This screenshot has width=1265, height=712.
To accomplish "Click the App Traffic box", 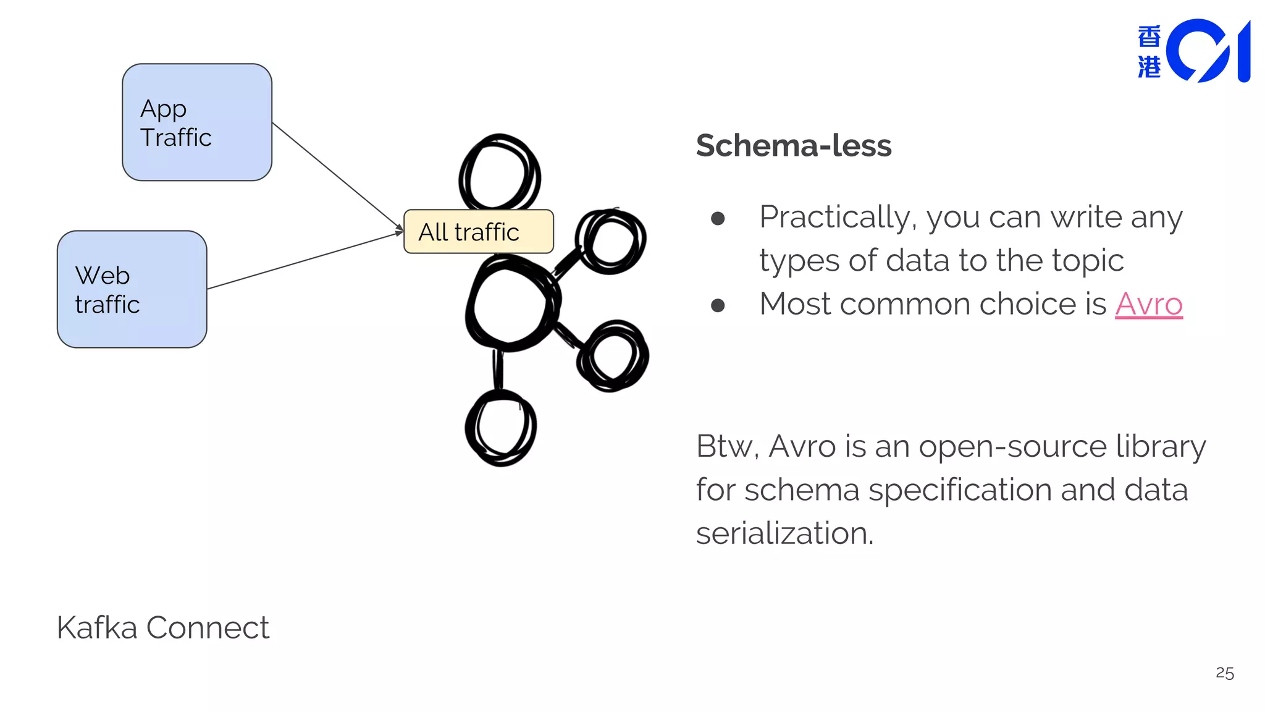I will point(197,122).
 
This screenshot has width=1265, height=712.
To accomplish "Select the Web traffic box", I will point(132,289).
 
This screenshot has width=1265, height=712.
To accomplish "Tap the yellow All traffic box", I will point(478,232).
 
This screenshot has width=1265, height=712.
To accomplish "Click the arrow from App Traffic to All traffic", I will point(337,176).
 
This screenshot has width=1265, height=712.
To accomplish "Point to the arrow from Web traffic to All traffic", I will point(305,261).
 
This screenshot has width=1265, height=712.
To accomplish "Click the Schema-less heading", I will point(794,146).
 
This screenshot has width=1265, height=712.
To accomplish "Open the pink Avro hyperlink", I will point(1148,304).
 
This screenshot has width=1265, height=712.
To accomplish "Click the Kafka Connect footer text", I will point(163,628).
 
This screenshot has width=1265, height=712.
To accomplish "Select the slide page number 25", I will point(1224,673).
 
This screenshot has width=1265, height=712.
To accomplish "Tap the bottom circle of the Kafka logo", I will point(501,428).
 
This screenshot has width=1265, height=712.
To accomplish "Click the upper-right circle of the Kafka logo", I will point(610,241).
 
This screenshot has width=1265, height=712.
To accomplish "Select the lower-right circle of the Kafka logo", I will point(613,355).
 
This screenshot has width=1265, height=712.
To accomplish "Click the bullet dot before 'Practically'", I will point(718,218).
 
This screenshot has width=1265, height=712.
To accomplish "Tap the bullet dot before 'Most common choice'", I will point(718,305).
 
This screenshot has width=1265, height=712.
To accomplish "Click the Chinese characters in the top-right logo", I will point(1149,52).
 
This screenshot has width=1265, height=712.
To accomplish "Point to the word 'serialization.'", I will point(784,533).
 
